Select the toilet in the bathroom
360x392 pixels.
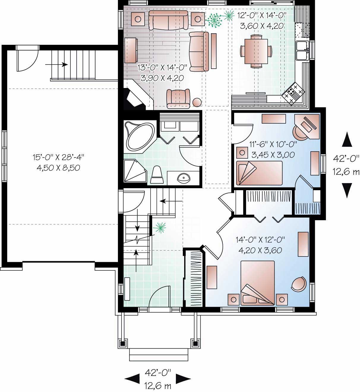(157, 175)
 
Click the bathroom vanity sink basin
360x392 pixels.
(182, 178)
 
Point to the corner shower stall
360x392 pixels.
(135, 170)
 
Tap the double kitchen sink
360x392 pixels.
(302, 51)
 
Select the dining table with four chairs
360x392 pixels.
(256, 51)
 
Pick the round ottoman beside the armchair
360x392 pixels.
(197, 102)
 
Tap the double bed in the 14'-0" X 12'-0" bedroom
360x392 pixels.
(257, 282)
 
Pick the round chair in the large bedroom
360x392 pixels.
(299, 284)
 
